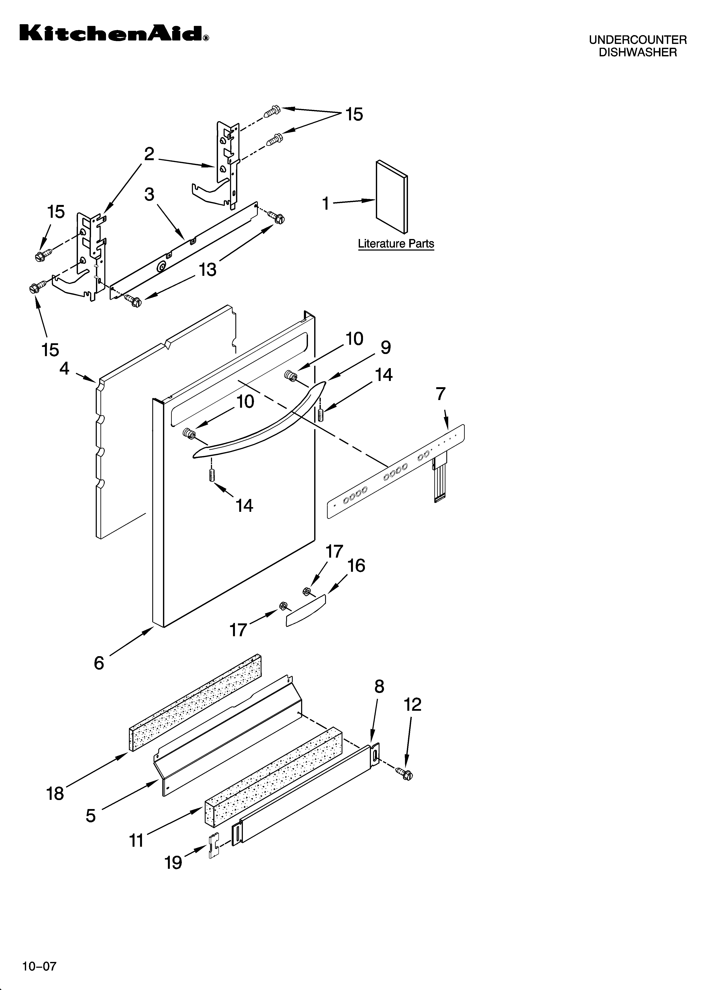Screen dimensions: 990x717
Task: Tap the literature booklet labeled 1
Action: pyautogui.click(x=392, y=196)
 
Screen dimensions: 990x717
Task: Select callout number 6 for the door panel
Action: pyautogui.click(x=99, y=663)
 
